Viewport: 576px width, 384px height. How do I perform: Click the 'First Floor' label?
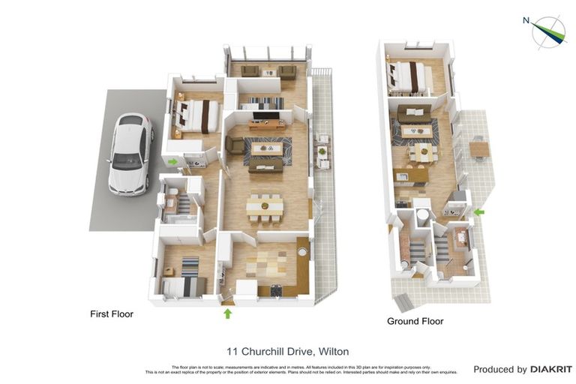click(x=111, y=314)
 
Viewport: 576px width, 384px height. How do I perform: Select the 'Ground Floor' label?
click(x=415, y=321)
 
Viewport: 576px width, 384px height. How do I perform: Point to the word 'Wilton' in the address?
click(x=334, y=351)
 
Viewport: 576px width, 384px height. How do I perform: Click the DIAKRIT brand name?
click(x=551, y=369)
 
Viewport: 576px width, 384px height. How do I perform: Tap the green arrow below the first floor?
click(x=227, y=313)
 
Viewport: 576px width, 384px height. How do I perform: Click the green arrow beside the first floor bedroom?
click(x=172, y=161)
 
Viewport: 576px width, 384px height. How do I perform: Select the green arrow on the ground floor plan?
click(x=479, y=212)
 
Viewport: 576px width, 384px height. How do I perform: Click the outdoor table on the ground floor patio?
click(x=479, y=149)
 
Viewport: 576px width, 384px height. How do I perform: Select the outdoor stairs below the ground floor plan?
click(x=403, y=302)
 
